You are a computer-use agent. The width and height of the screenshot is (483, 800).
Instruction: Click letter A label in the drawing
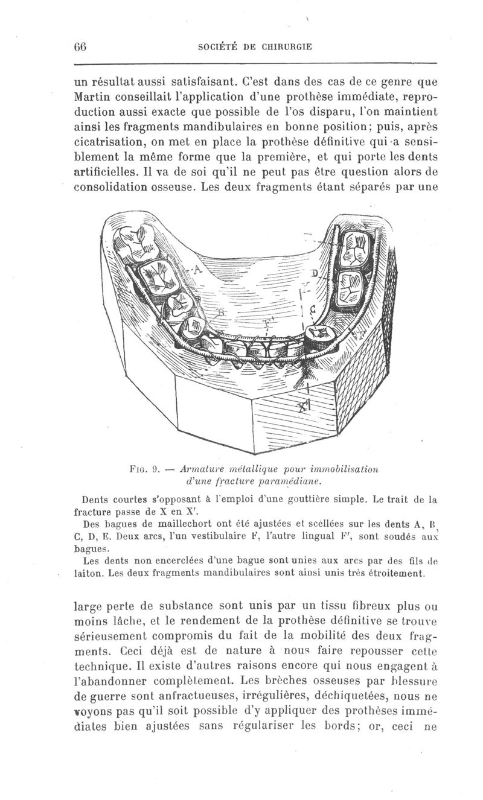(x=197, y=270)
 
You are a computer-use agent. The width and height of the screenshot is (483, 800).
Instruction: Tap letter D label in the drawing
(x=313, y=273)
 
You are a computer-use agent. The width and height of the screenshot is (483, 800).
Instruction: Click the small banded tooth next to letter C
(x=318, y=335)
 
